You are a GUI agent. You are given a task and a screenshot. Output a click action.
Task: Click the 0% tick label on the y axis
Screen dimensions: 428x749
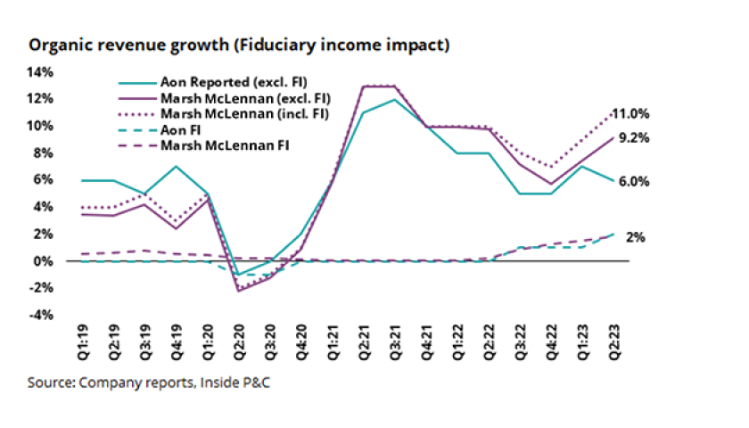click(45, 261)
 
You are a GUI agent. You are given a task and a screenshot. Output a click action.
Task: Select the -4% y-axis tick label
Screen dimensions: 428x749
click(42, 316)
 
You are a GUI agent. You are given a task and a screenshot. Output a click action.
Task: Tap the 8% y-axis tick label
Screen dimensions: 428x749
click(45, 152)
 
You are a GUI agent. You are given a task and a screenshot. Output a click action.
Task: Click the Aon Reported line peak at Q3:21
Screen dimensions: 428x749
click(395, 99)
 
